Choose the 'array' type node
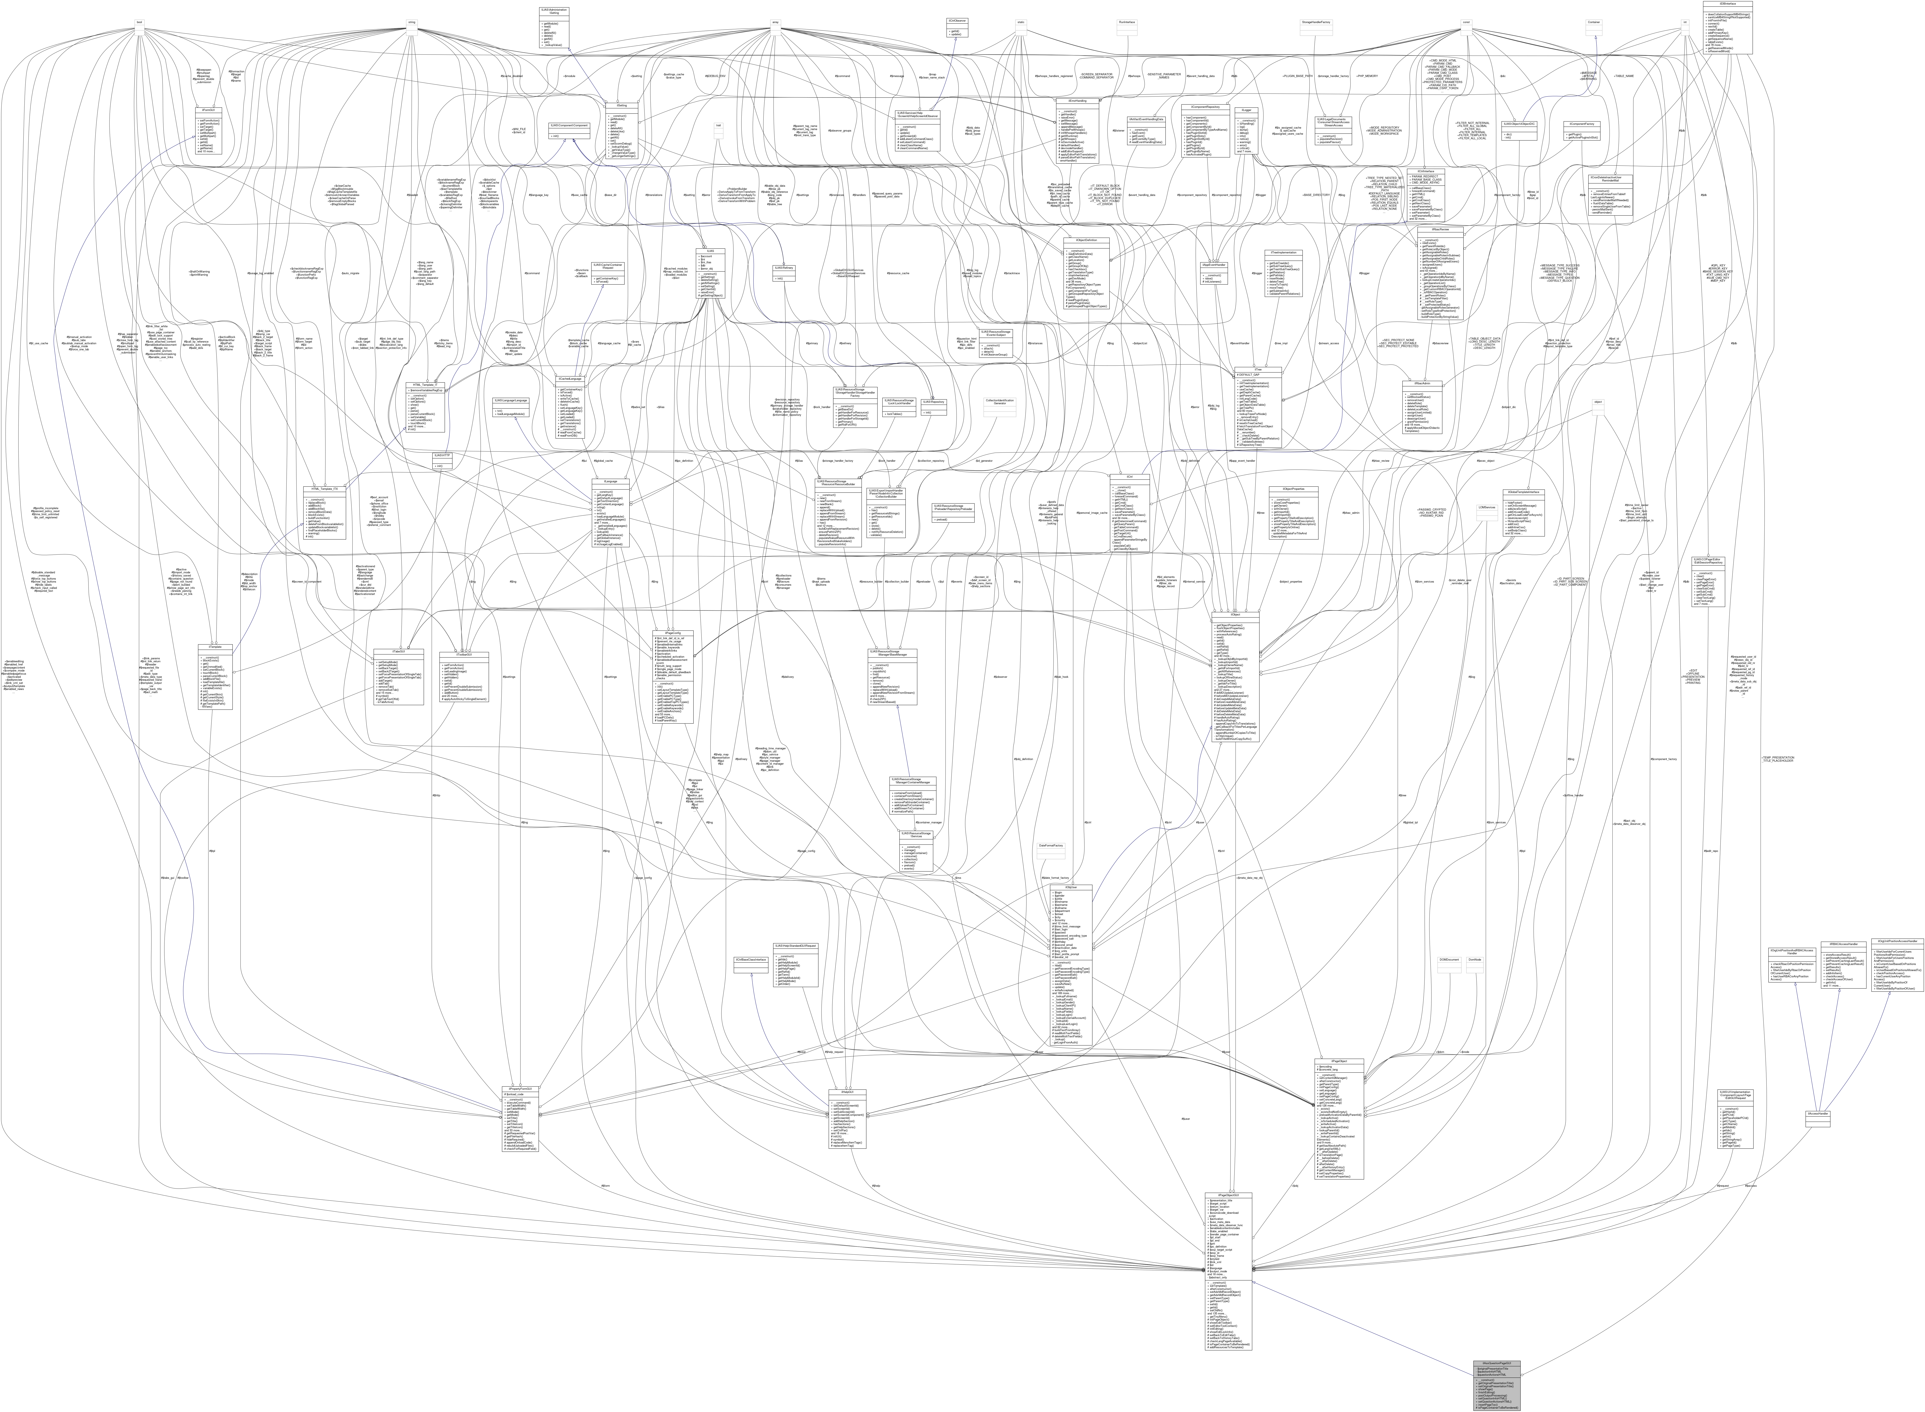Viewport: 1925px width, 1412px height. click(x=775, y=21)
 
